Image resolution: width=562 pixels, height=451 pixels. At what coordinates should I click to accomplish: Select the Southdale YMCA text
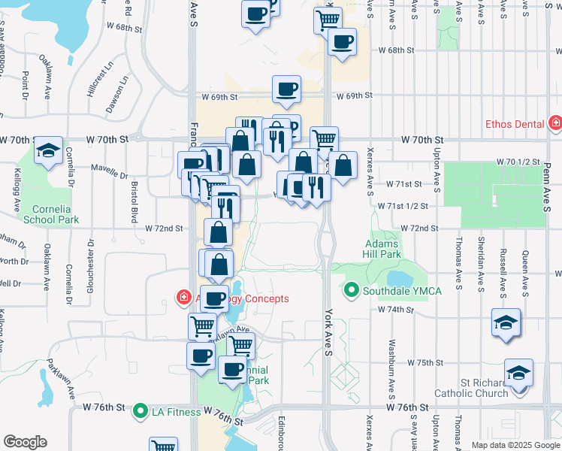[x=402, y=290]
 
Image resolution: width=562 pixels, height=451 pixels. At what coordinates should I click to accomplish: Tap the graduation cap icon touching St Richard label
[x=518, y=373]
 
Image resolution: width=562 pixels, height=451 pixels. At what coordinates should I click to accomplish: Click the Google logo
[x=26, y=442]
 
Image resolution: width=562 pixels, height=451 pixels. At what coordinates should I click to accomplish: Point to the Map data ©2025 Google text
[x=515, y=445]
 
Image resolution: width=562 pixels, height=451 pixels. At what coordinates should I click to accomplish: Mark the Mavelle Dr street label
[x=110, y=173]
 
